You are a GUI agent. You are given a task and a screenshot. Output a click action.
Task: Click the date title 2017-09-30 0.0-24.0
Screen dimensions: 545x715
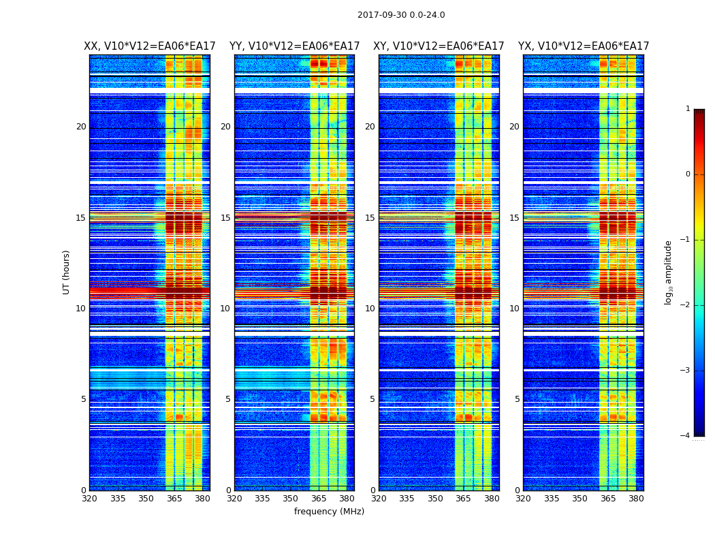pos(401,15)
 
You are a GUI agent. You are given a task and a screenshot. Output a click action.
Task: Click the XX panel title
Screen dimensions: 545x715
pos(150,46)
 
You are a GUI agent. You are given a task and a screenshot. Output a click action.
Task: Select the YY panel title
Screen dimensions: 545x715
pos(294,46)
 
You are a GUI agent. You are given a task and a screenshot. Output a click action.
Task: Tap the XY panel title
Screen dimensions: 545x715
pos(439,46)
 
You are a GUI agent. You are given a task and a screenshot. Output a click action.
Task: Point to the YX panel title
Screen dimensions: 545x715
pos(584,46)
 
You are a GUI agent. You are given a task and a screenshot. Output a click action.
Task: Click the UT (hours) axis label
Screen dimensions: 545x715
pos(67,272)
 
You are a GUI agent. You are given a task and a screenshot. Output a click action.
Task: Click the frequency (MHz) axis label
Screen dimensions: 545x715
pos(329,512)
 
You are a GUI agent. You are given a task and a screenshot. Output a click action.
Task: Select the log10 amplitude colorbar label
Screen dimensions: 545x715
pos(669,272)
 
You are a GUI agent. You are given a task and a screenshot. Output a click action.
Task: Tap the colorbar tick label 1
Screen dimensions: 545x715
pos(688,109)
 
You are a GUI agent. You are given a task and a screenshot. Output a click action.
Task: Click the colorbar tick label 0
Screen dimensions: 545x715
pos(688,174)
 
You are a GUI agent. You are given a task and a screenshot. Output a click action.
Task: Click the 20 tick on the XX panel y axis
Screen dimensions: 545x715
pos(81,127)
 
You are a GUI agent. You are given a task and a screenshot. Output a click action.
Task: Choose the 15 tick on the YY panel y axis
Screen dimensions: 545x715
pos(225,218)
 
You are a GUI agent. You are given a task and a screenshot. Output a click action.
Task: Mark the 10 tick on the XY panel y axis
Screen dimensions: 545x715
pos(370,309)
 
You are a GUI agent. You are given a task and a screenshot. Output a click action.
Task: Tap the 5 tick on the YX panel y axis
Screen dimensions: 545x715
pos(517,399)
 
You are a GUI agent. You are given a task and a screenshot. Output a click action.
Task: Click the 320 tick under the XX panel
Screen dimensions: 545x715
pos(89,499)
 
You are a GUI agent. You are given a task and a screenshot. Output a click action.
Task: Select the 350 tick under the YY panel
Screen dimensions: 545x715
pos(291,499)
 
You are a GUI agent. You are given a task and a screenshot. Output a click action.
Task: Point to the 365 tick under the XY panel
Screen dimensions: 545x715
pos(463,499)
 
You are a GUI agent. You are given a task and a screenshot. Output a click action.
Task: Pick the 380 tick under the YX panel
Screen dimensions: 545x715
pos(636,499)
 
